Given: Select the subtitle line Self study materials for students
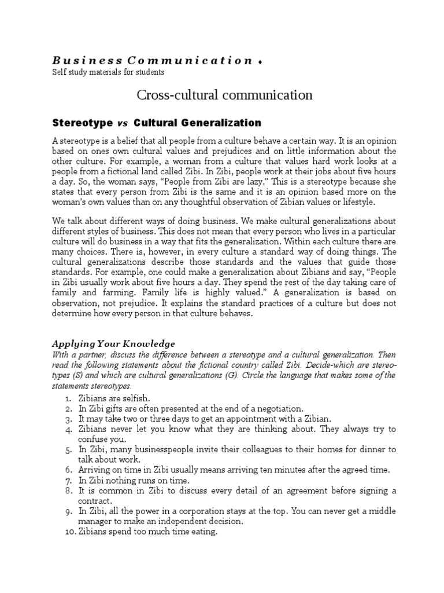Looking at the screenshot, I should (x=108, y=72).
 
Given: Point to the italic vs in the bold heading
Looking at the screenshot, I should (x=122, y=123).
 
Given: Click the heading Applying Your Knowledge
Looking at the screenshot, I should (x=113, y=343).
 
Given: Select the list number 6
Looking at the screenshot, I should (x=67, y=470).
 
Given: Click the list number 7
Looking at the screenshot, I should (x=67, y=480).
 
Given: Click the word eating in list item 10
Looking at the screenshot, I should (x=203, y=531).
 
